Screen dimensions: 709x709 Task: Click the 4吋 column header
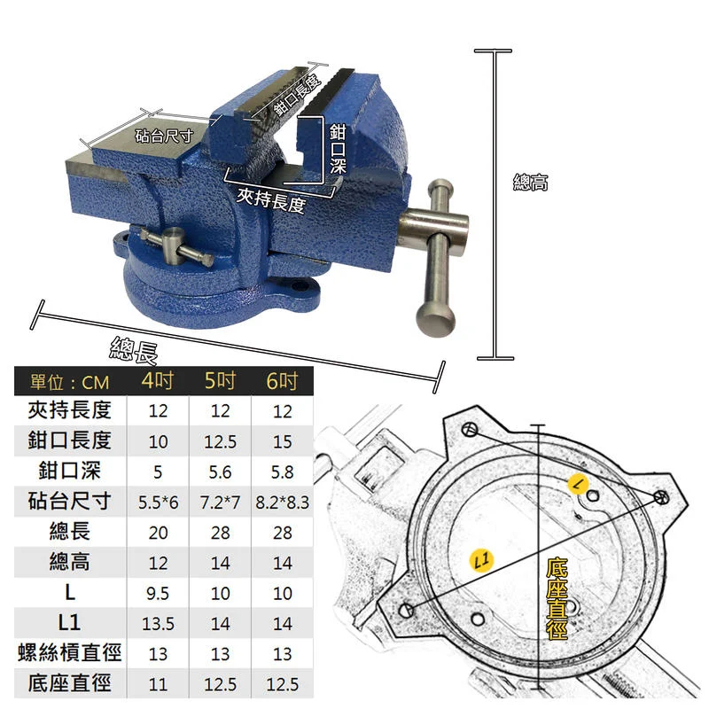tap(158, 381)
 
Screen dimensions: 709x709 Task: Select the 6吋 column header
tap(282, 381)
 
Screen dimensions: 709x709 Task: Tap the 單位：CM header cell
tap(70, 383)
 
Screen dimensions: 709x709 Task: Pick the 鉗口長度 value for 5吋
tap(220, 441)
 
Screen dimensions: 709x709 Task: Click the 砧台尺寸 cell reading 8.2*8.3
tap(282, 503)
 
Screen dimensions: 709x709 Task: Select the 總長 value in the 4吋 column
tap(158, 533)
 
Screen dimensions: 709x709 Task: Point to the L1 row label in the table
tap(69, 623)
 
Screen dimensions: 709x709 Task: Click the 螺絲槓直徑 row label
tap(70, 652)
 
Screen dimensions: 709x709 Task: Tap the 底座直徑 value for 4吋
tap(158, 684)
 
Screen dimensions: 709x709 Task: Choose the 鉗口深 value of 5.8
tap(282, 472)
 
